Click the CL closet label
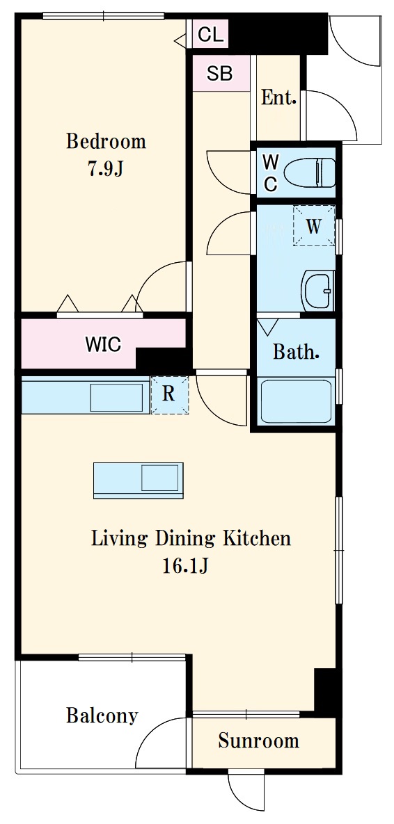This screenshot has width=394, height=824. click(x=211, y=35)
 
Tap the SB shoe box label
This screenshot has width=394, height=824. click(x=219, y=73)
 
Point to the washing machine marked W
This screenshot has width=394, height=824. click(x=313, y=225)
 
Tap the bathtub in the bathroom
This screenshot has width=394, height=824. click(x=296, y=402)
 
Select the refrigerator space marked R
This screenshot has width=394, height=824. click(x=169, y=395)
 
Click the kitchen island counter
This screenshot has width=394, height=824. click(x=139, y=480)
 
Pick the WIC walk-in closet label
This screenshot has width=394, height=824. click(x=103, y=346)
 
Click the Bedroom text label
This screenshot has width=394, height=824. click(x=106, y=141)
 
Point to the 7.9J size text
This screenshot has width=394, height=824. click(x=105, y=169)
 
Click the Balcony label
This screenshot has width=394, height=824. click(x=102, y=716)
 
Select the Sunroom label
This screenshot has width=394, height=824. click(x=259, y=741)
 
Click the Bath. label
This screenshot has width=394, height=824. click(x=296, y=352)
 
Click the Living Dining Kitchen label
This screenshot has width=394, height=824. click(x=191, y=539)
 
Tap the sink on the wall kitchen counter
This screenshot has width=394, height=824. click(x=116, y=397)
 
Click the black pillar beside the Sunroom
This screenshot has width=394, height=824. click(x=324, y=693)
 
